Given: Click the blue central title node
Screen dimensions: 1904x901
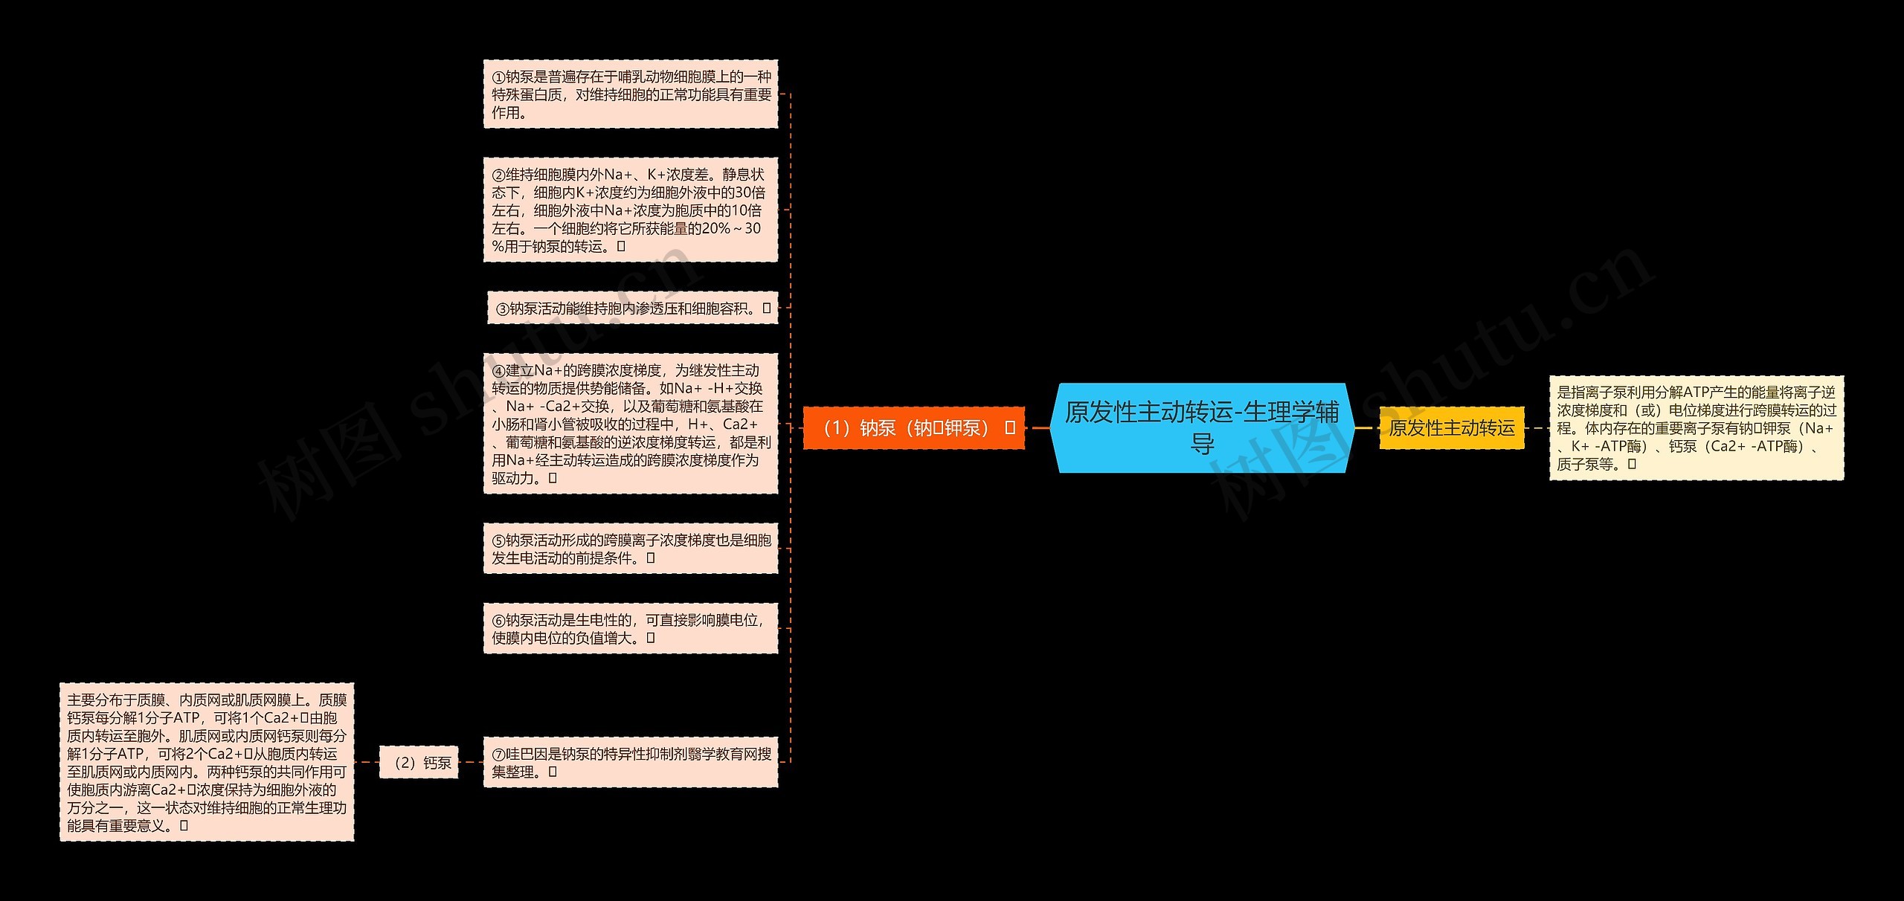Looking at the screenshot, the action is point(1202,427).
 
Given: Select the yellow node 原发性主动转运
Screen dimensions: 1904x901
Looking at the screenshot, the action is point(1451,428).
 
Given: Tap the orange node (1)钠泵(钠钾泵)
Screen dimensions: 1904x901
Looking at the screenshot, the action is point(913,428).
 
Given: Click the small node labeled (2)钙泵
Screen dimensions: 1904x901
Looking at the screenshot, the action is point(419,763).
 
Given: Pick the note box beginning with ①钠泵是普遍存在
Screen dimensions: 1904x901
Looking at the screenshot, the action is point(631,94).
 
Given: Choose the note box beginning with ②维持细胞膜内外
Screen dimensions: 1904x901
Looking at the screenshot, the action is point(631,210).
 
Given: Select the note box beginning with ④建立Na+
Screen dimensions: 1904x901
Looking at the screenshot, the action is point(631,424).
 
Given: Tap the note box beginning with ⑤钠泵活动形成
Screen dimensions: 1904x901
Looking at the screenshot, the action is point(631,549).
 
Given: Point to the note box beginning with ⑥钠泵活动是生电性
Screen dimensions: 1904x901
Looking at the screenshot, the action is point(631,629).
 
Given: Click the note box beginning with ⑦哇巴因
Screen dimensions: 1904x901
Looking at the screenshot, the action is point(631,763).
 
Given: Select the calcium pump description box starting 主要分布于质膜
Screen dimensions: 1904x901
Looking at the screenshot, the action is point(207,763).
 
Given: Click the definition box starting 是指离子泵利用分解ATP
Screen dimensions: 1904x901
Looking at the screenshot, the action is point(1696,428).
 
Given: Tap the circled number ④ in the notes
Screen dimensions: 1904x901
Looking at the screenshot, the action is point(498,371).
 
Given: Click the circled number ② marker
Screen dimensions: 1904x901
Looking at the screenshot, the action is point(498,175).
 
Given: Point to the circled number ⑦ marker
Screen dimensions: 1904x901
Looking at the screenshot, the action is point(498,755).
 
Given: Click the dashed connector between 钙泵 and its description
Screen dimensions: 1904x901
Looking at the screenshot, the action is point(367,763).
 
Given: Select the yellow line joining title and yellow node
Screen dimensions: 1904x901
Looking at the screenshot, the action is point(1365,428).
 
